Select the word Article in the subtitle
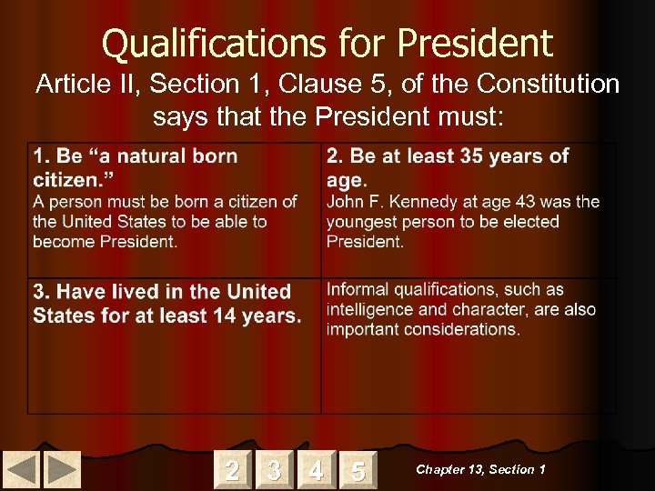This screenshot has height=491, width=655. pyautogui.click(x=69, y=85)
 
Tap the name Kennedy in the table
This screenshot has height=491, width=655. pyautogui.click(x=419, y=202)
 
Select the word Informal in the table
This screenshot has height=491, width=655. pyautogui.click(x=362, y=290)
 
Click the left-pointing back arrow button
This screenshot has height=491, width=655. pyautogui.click(x=23, y=470)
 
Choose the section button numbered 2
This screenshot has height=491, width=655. pyautogui.click(x=233, y=470)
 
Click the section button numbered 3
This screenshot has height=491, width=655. pyautogui.click(x=274, y=470)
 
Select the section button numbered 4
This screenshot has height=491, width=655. pyautogui.click(x=316, y=470)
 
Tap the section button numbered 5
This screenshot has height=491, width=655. pyautogui.click(x=358, y=470)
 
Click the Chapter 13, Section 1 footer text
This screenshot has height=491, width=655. pyautogui.click(x=480, y=469)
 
